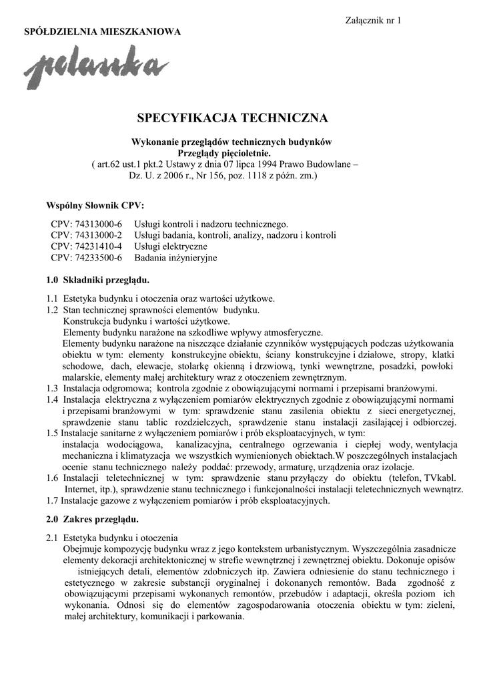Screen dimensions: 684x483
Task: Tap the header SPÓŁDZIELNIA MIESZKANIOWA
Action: [x=102, y=32]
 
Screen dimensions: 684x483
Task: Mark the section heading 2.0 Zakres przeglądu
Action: [x=92, y=518]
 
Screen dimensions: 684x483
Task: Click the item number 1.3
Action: [x=52, y=388]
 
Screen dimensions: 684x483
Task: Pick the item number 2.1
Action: [x=52, y=537]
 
